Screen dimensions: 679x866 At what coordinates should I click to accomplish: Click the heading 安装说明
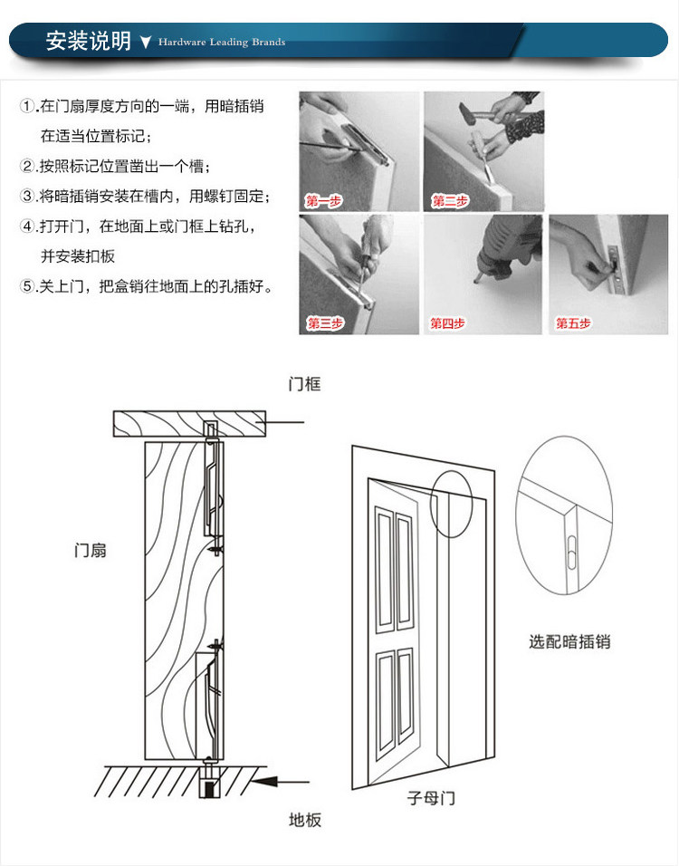coord(88,42)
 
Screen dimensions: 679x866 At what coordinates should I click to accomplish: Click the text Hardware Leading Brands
coord(222,43)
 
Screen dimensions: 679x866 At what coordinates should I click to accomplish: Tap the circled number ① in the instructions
coord(27,107)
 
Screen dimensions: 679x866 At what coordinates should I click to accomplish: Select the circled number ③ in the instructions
coord(27,197)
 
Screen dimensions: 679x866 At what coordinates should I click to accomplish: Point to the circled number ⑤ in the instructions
coord(27,286)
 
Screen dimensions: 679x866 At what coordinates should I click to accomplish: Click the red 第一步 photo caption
coord(323,201)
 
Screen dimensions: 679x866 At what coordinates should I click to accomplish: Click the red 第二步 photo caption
coord(450,201)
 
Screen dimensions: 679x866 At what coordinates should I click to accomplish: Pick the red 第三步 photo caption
coord(324,323)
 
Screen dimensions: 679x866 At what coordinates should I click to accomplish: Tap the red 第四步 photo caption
coord(447,323)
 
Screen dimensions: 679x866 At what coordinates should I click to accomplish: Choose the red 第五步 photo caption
coord(573,323)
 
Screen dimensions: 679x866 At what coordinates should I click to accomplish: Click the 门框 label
coord(304,385)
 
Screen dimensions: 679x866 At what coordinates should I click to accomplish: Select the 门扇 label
coord(91,550)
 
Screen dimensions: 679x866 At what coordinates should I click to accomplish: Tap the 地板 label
coord(305,820)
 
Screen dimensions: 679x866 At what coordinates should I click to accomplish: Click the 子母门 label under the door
coord(430,798)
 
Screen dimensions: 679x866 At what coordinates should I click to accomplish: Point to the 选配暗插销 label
coord(569,641)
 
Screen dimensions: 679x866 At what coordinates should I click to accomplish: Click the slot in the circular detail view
coord(573,551)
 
